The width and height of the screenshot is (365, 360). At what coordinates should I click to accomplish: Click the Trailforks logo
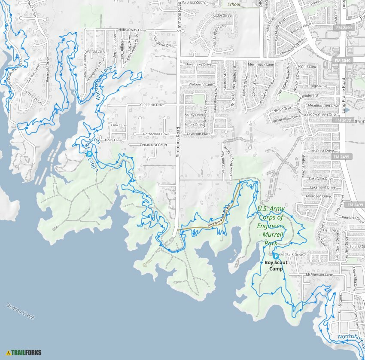[x=24, y=353]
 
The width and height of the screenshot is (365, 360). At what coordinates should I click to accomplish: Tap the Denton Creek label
[x=20, y=311]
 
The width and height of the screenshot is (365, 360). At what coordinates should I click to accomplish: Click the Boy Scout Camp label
[x=276, y=265]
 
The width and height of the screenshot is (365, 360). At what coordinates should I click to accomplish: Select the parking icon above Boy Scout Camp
[x=276, y=256]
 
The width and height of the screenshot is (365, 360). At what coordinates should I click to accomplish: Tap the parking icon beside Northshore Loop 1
[x=89, y=154]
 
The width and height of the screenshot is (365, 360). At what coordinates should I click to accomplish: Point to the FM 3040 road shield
[x=342, y=61]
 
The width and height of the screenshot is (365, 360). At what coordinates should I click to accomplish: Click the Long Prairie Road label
[x=344, y=96]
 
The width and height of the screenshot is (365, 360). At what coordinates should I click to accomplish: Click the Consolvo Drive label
[x=152, y=104]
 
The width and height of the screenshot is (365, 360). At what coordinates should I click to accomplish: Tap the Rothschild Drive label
[x=156, y=134]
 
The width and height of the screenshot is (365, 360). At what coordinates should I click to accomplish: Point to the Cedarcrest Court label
[x=153, y=145]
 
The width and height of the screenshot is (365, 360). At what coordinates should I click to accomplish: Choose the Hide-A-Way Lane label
[x=132, y=30]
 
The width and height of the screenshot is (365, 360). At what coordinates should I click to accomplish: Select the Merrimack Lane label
[x=261, y=64]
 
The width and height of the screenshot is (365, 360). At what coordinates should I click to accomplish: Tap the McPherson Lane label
[x=319, y=275]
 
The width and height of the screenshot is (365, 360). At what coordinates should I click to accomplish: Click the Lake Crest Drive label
[x=320, y=151]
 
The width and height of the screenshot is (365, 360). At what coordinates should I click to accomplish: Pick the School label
[x=234, y=5]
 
